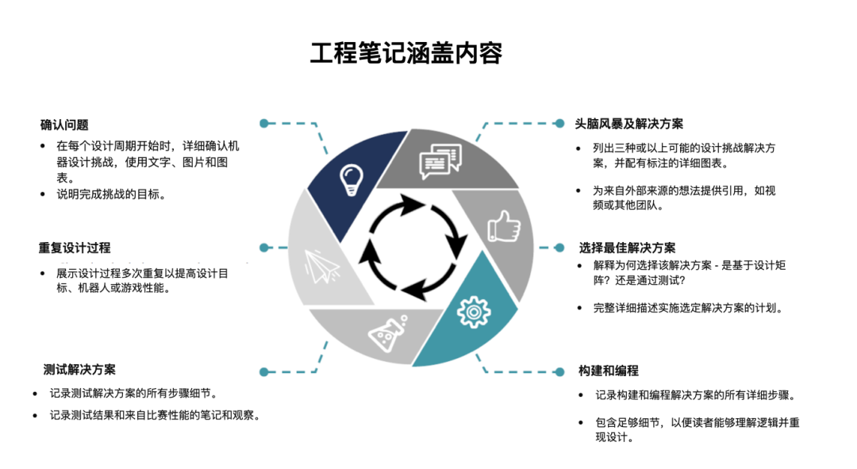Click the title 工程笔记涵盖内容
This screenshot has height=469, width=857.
pyautogui.click(x=405, y=53)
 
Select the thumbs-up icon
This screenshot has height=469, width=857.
pyautogui.click(x=503, y=227)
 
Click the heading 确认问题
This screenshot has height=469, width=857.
pyautogui.click(x=64, y=125)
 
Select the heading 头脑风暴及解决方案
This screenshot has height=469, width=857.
pyautogui.click(x=629, y=124)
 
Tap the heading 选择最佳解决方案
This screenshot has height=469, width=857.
pyautogui.click(x=628, y=248)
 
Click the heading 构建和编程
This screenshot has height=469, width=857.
pyautogui.click(x=609, y=371)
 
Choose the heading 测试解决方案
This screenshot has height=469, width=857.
pyautogui.click(x=79, y=370)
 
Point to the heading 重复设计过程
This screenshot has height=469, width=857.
pyautogui.click(x=75, y=248)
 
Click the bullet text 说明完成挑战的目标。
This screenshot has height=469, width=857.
pyautogui.click(x=111, y=194)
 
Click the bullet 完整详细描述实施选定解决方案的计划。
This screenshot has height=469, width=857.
pyautogui.click(x=688, y=308)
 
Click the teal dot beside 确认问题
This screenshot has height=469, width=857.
pyautogui.click(x=264, y=124)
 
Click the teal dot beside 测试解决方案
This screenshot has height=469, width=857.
pyautogui.click(x=264, y=371)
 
